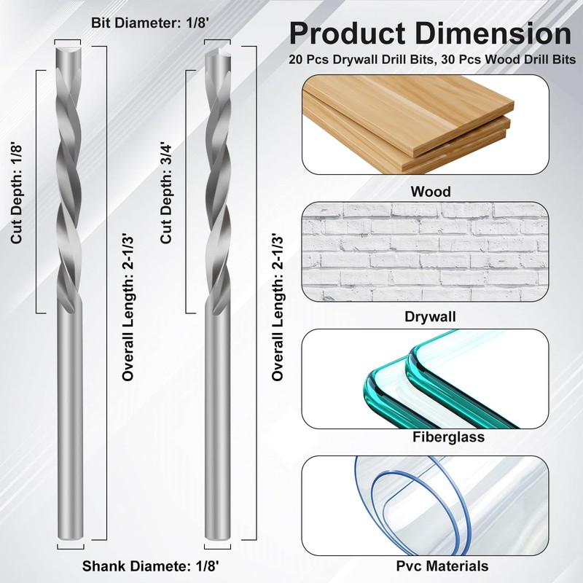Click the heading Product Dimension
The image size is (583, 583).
point(430,34)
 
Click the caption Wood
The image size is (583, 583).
point(430,192)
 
